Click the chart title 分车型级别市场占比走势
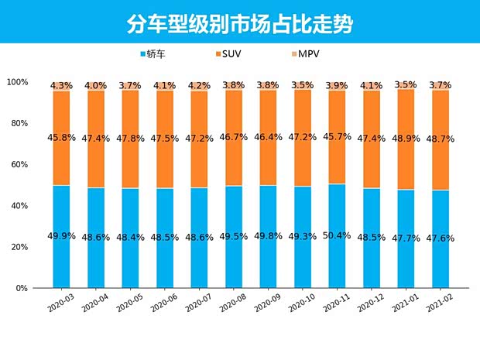[239, 23]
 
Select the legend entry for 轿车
[156, 54]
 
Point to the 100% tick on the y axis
[17, 82]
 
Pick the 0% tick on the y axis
[22, 288]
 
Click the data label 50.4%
[337, 235]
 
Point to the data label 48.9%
[406, 139]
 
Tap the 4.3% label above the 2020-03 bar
[61, 85]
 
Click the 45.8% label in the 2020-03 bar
[61, 139]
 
